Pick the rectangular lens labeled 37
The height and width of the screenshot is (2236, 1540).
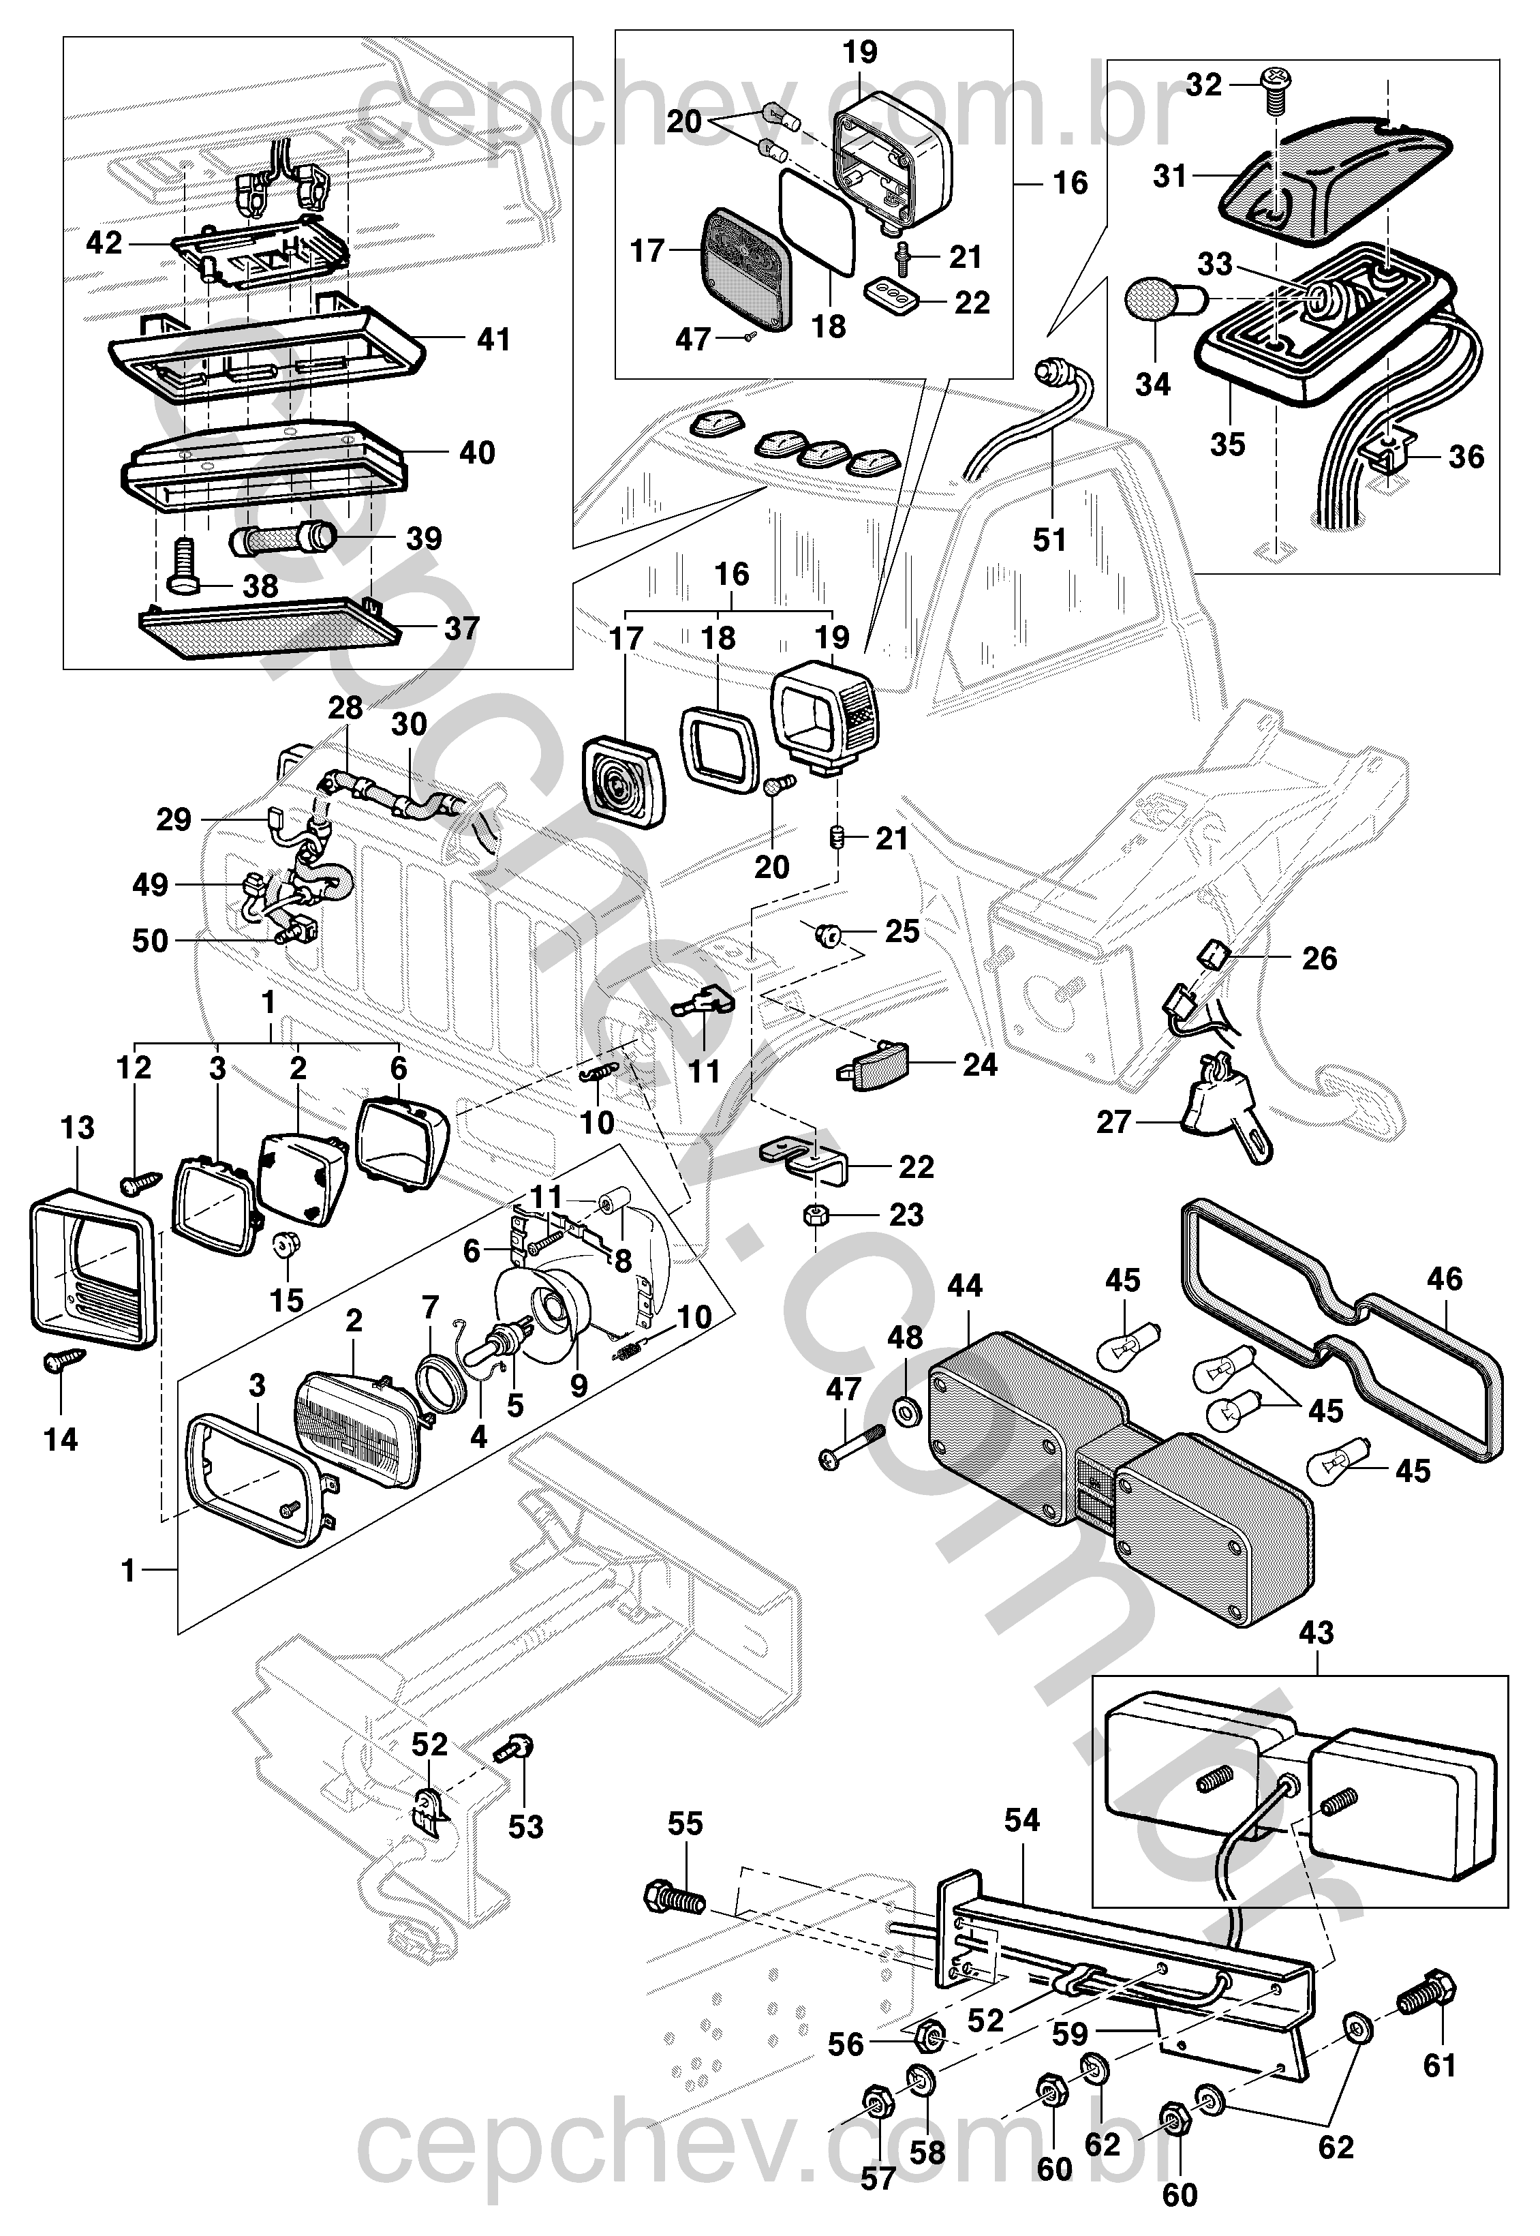(x=270, y=627)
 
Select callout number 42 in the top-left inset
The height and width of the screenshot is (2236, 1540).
(x=104, y=243)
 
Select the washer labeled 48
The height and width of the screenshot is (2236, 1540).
(x=906, y=1415)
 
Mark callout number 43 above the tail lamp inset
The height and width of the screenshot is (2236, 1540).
(x=1316, y=1632)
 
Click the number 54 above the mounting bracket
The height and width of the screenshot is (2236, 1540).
(x=1022, y=1820)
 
